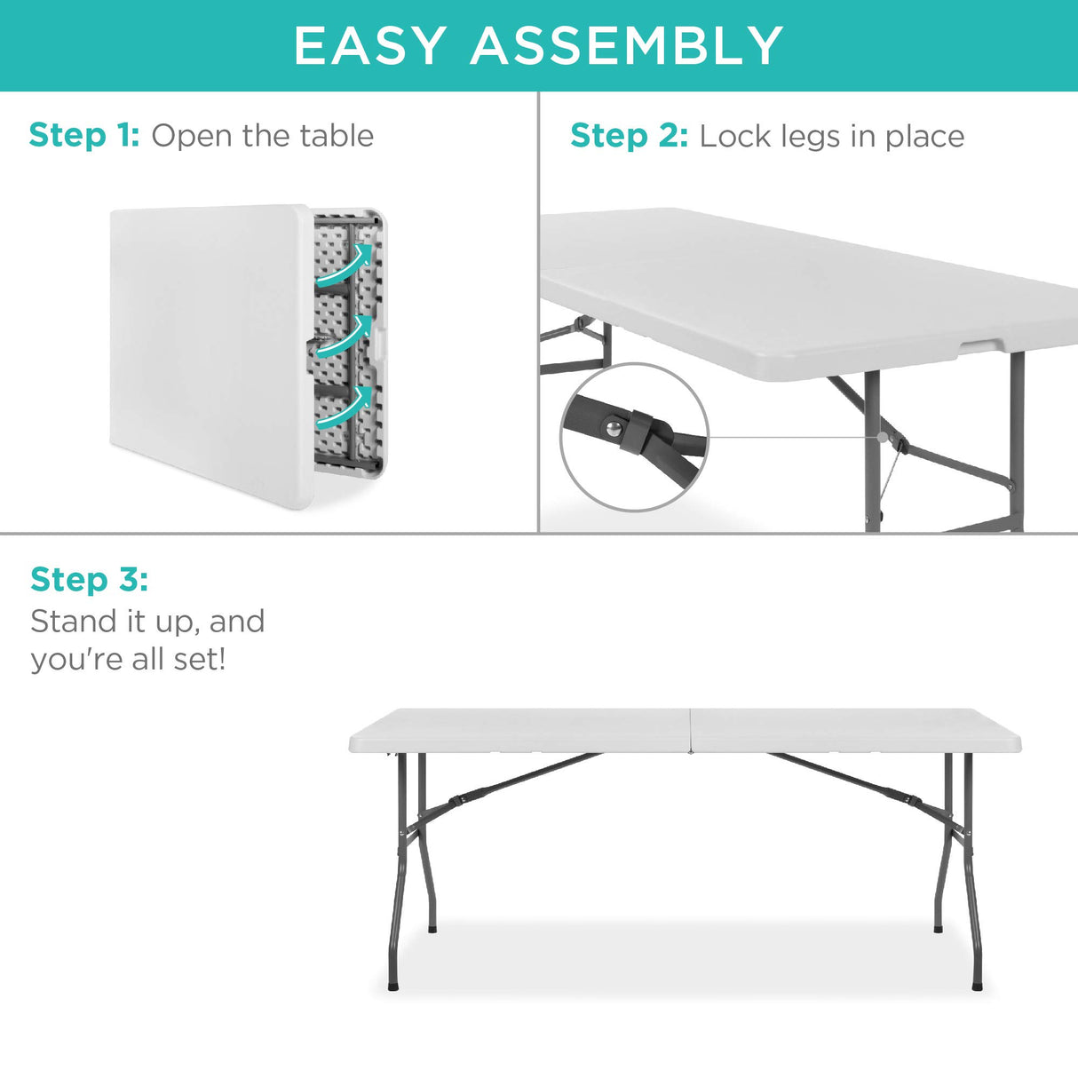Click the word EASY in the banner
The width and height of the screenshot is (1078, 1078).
[x=369, y=46]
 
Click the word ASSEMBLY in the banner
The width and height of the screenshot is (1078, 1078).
[x=627, y=46]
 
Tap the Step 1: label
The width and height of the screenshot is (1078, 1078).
[x=84, y=136]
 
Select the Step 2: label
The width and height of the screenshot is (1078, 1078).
[x=629, y=136]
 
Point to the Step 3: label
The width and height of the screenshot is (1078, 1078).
[x=89, y=580]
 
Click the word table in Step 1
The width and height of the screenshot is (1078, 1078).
[x=337, y=136]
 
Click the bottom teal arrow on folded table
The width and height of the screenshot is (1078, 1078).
[x=345, y=407]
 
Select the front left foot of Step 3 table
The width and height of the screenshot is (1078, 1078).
[x=393, y=985]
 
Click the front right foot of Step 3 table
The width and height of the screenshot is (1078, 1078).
[x=978, y=985]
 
